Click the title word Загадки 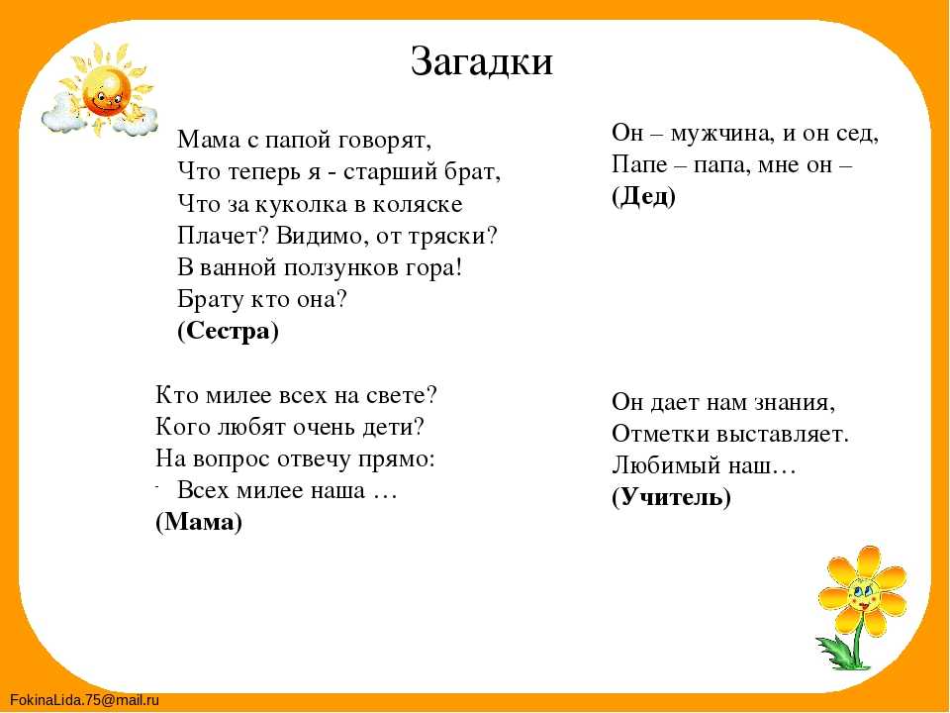pos(482,61)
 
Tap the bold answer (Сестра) pos(229,331)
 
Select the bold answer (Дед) pos(643,196)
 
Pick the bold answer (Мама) pos(199,522)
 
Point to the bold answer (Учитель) pos(671,497)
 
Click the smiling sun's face pos(107,91)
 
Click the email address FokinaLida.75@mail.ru pos(84,700)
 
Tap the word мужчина pos(721,134)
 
